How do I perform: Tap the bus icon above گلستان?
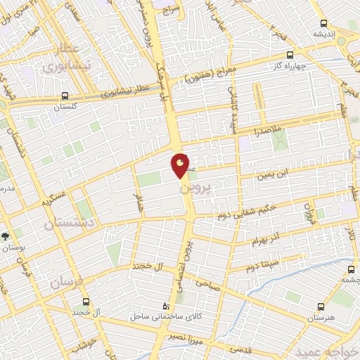pyautogui.click(x=65, y=96)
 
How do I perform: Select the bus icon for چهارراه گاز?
pyautogui.click(x=289, y=53)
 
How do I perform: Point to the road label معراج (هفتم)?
pyautogui.click(x=206, y=75)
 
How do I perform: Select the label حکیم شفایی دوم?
pyautogui.click(x=247, y=208)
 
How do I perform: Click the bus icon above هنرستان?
pyautogui.click(x=321, y=307)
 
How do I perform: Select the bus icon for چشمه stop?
pyautogui.click(x=352, y=269)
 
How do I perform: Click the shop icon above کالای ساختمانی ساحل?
pyautogui.click(x=166, y=306)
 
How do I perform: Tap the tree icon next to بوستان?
pyautogui.click(x=6, y=236)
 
